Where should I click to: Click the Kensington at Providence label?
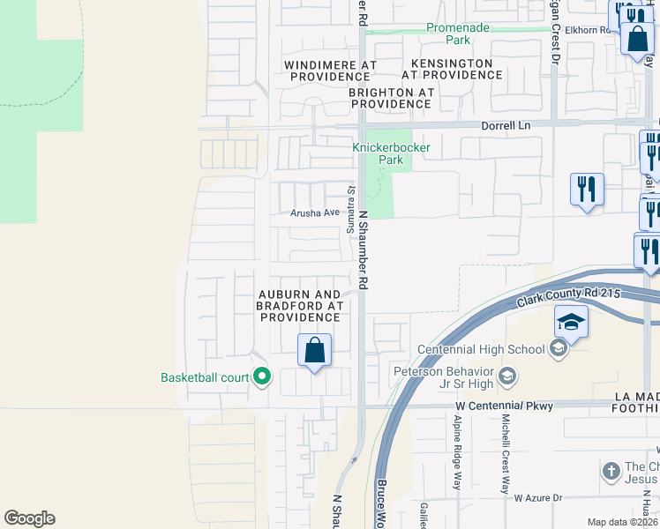[x=458, y=70]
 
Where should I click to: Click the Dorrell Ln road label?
[x=506, y=126]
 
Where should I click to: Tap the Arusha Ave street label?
[x=316, y=212]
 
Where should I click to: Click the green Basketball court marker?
[x=261, y=377]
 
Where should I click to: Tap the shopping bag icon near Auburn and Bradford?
[x=314, y=351]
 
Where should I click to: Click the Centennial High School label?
[x=481, y=349]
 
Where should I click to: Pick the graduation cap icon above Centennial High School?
[x=571, y=323]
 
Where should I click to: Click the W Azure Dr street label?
[x=538, y=498]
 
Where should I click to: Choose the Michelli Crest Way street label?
[x=506, y=452]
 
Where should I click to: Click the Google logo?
[x=29, y=518]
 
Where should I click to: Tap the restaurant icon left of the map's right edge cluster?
[x=587, y=190]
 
